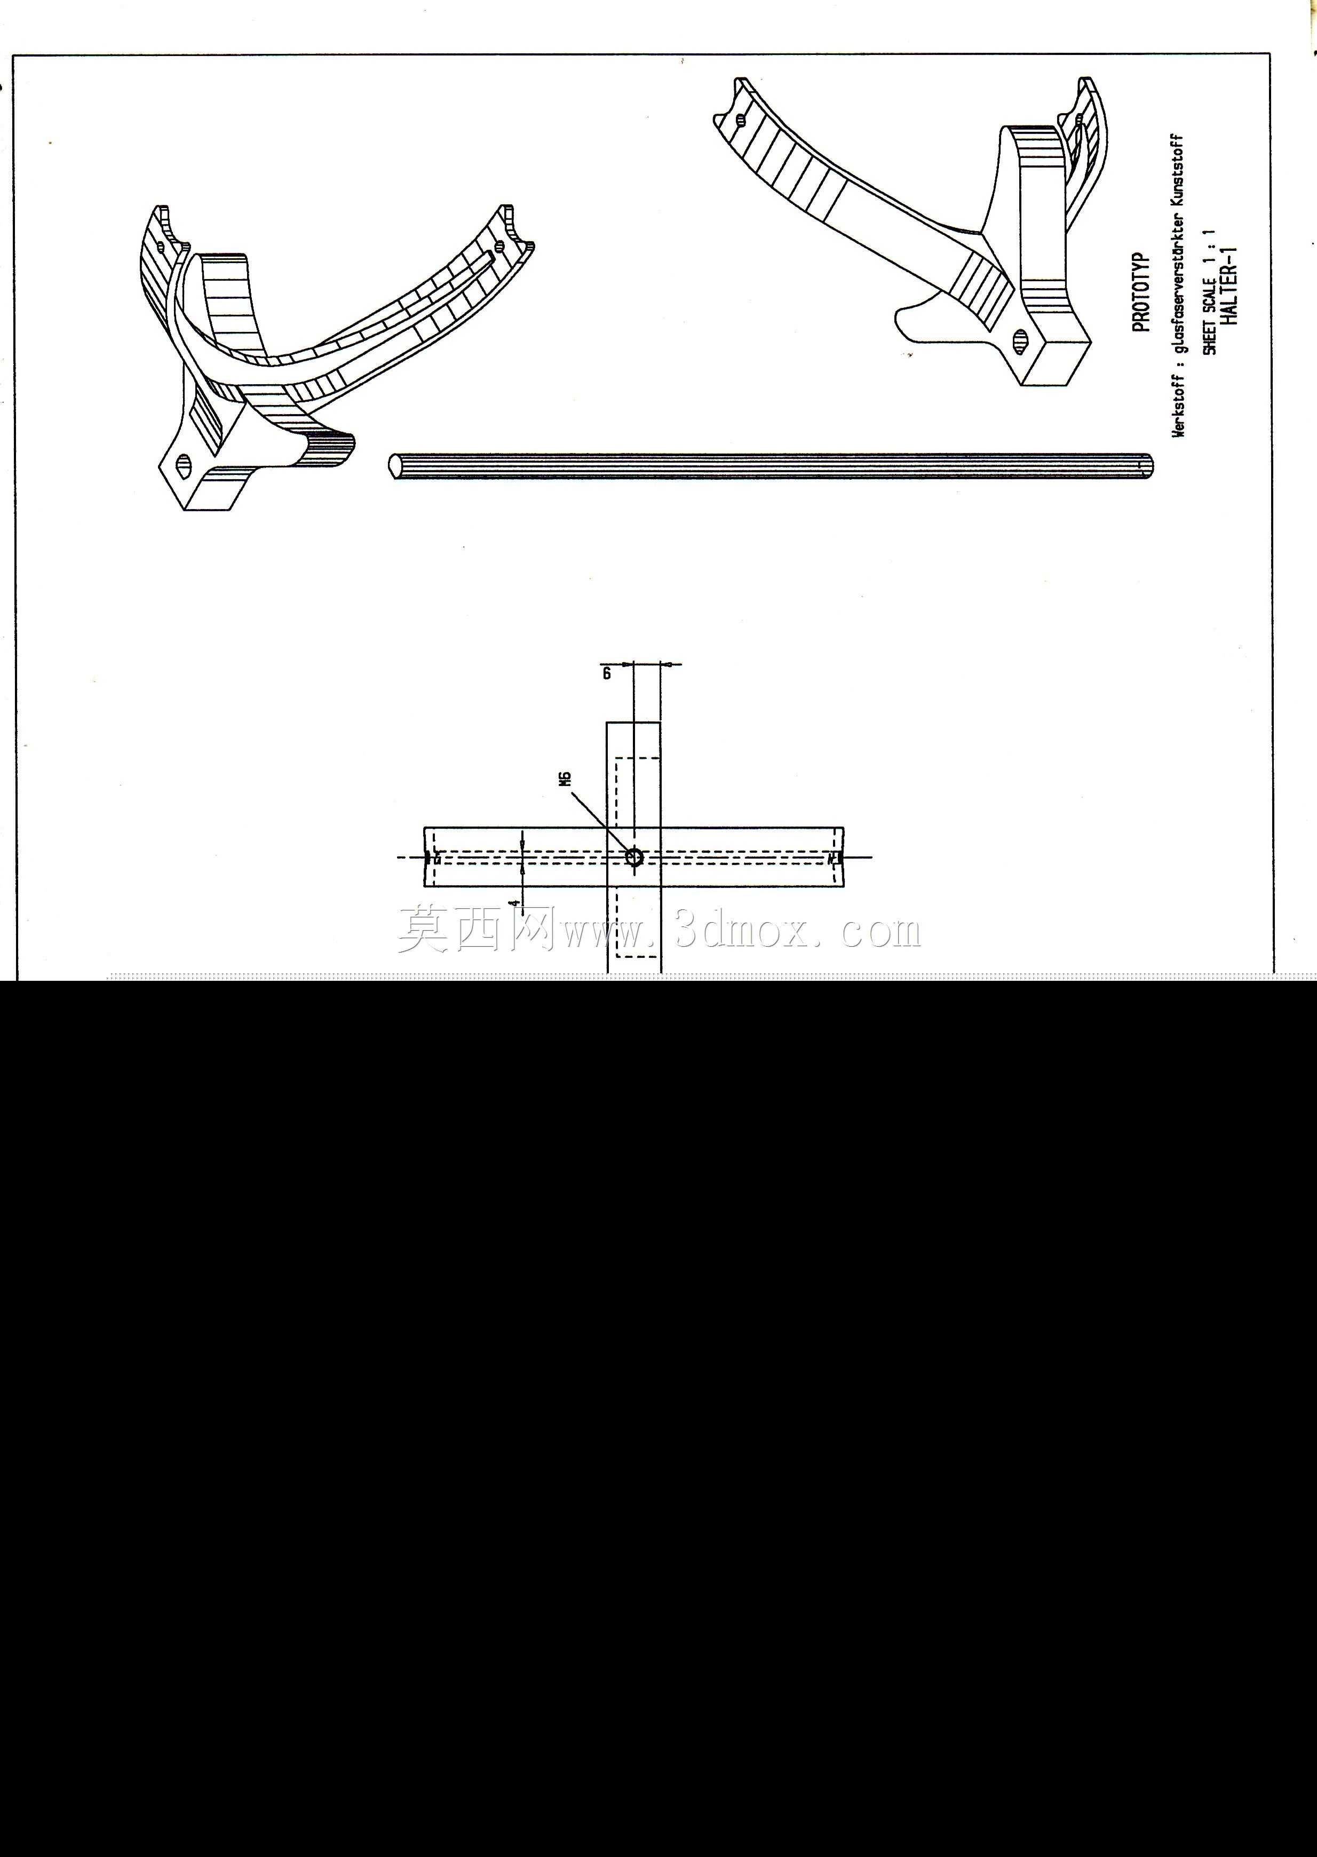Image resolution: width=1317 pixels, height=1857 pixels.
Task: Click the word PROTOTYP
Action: coord(1141,293)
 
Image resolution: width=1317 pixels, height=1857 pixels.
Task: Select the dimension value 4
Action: coord(514,902)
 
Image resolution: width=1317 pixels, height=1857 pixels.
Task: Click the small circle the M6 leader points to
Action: coord(634,856)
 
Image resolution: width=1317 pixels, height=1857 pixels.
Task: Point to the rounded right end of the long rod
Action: coord(1147,465)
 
